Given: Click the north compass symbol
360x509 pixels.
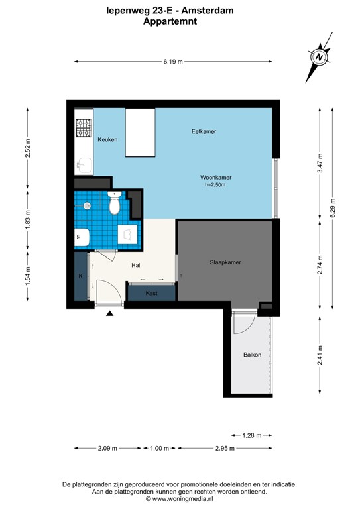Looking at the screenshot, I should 320,58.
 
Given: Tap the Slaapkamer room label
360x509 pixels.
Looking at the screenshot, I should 221,262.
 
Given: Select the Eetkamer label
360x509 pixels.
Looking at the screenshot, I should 204,131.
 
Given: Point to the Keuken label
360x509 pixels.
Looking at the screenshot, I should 107,140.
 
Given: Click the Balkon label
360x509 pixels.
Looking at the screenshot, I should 252,355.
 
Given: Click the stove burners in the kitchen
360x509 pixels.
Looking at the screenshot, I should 84,127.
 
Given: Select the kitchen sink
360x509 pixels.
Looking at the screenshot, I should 84,163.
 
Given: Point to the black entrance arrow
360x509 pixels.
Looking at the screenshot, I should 110,315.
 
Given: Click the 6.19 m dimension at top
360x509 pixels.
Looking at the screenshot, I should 173,62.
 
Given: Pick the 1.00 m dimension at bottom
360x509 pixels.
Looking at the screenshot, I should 160,449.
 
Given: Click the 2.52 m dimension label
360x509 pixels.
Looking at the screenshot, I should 27,150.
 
